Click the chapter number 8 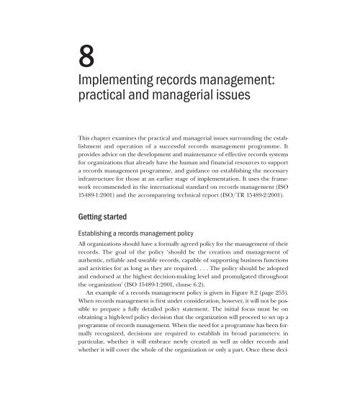tap(88, 55)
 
